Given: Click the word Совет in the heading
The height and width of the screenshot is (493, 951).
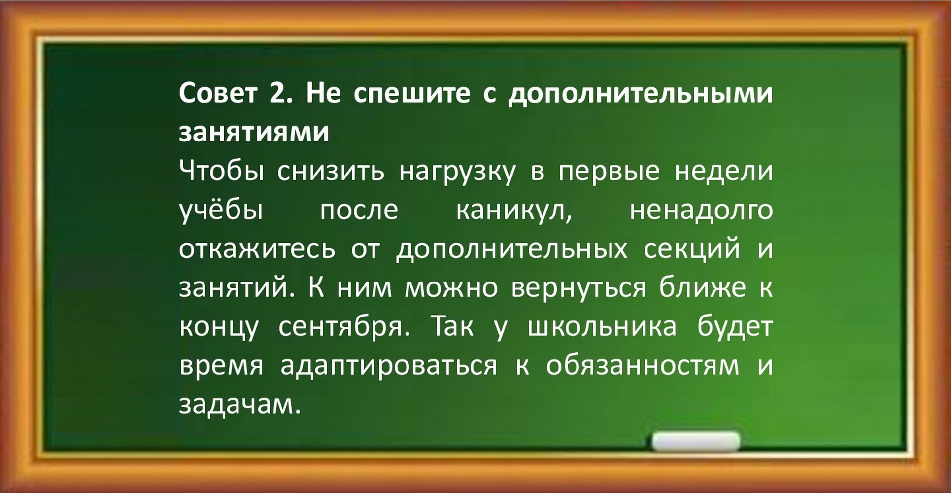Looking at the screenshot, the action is pos(218,93).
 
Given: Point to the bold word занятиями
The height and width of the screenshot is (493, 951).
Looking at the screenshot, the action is pos(254,133).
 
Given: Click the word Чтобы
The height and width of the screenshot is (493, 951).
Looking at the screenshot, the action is pos(221,171).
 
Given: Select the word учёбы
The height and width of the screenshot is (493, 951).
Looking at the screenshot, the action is pos(221,211).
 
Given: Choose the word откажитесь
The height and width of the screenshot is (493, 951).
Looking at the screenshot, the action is pos(257,249).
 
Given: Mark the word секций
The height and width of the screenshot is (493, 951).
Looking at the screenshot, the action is pos(692,248).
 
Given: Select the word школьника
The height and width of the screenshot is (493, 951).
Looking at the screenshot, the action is pos(602,327).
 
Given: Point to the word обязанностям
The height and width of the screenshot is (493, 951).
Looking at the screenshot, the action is pos(643,366).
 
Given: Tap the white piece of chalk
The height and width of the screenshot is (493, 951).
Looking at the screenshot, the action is pos(696,441).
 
